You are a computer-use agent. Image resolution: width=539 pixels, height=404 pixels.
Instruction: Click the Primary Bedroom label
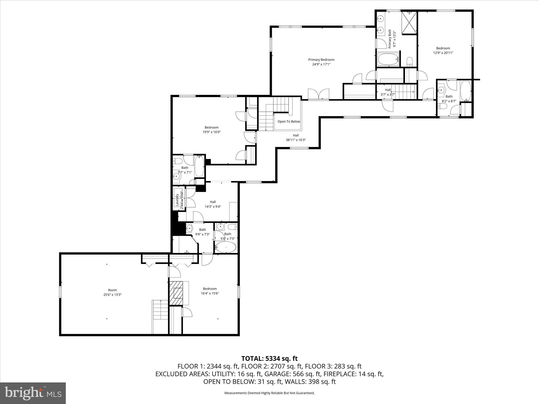[321, 60]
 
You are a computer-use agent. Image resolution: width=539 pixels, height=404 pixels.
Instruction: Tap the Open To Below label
[289, 122]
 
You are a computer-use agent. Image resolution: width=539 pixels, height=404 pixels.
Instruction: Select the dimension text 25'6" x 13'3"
[112, 295]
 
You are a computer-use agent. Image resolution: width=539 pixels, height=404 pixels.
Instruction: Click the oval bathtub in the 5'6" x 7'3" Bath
[226, 247]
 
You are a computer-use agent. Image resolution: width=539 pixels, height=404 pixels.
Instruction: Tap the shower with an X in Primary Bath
[409, 23]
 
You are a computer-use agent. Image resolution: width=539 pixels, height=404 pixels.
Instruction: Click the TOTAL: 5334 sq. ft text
[269, 358]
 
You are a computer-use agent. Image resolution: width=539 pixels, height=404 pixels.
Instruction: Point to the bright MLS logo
[33, 393]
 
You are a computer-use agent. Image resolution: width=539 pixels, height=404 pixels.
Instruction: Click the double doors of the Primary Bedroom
[318, 94]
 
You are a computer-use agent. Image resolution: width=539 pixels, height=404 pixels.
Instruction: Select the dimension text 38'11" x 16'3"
[296, 140]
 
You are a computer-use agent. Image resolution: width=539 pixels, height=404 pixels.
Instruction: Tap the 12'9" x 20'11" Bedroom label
[443, 48]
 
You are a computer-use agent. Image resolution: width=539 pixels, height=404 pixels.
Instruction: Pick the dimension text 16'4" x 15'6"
[209, 293]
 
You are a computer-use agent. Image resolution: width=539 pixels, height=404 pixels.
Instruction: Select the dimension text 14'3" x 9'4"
[213, 207]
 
